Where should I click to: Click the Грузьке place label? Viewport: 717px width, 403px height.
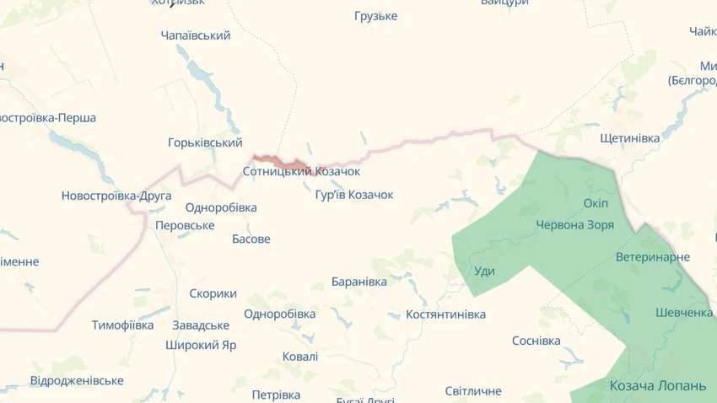[376, 16]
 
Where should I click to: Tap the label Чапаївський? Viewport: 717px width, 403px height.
[196, 35]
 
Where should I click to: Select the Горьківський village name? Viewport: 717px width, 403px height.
[205, 142]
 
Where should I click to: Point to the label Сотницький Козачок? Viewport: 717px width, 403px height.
[301, 171]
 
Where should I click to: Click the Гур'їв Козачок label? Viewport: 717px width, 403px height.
[354, 195]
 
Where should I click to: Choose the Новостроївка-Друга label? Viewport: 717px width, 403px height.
[116, 196]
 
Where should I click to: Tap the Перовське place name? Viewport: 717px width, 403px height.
[185, 225]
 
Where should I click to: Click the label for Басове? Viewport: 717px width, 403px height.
[251, 239]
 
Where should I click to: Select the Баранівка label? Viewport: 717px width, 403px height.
[359, 281]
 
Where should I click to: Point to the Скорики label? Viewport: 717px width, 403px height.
[213, 293]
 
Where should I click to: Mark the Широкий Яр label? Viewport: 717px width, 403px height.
[201, 345]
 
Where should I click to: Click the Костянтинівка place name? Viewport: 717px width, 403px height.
[445, 314]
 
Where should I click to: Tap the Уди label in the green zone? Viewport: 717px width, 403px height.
[484, 271]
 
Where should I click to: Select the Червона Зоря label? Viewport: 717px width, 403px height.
[574, 225]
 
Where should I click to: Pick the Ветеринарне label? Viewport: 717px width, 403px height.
[653, 257]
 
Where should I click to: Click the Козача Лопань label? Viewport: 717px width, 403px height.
[657, 385]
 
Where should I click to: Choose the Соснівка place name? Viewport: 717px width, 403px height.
[536, 341]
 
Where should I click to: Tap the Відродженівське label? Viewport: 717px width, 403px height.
[77, 380]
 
